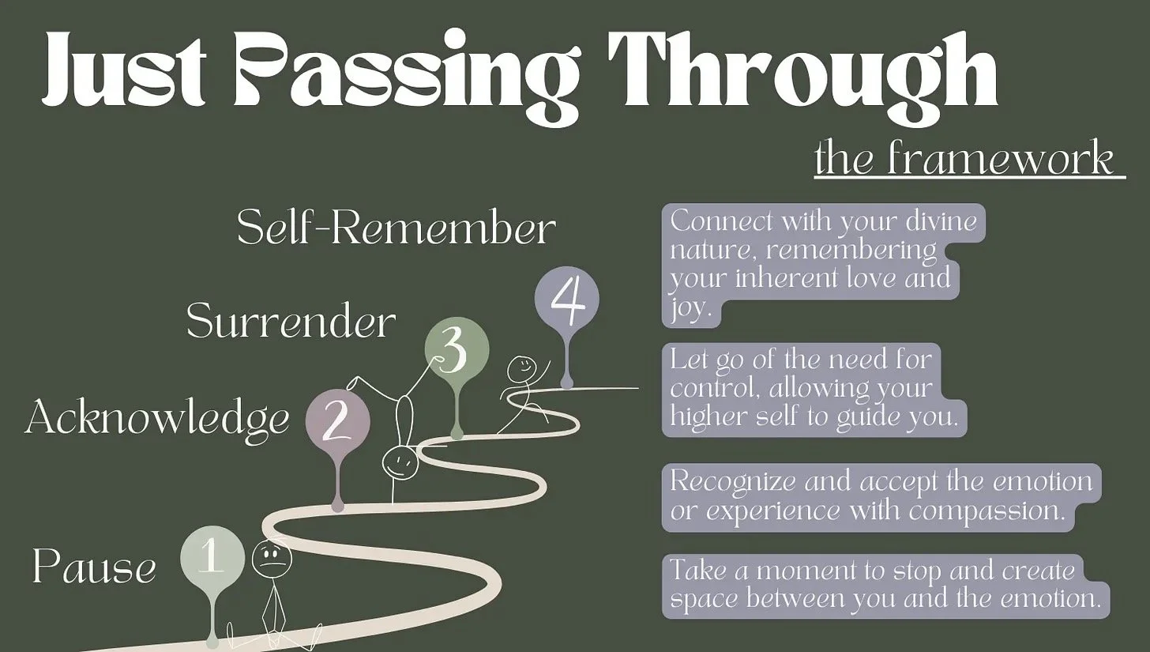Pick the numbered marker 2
(x=337, y=423)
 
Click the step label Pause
(x=94, y=567)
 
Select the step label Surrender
(x=291, y=322)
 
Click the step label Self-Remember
(x=396, y=228)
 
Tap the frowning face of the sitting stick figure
(x=271, y=560)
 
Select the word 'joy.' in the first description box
(x=686, y=309)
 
